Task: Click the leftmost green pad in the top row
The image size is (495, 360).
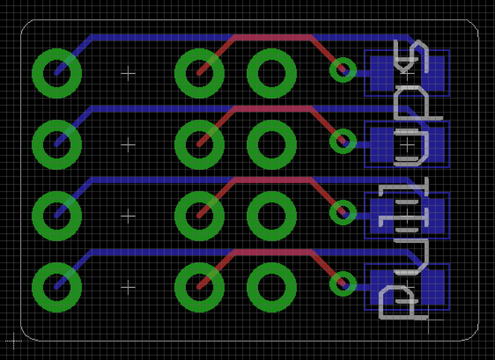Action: click(57, 73)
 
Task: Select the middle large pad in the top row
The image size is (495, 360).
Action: click(199, 73)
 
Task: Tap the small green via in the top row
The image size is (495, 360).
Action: click(343, 70)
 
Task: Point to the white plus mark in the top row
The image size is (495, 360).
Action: click(128, 73)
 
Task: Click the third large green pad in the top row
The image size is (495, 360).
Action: click(271, 73)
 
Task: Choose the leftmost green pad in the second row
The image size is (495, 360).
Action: click(57, 144)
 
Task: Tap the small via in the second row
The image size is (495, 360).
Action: click(343, 141)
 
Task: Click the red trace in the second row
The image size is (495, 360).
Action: click(272, 108)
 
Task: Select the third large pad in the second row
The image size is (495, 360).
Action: click(271, 144)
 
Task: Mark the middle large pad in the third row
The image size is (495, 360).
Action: click(199, 216)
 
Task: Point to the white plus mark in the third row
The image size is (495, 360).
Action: click(128, 216)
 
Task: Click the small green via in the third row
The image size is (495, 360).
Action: click(343, 213)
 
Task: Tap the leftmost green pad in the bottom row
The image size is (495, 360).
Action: click(57, 287)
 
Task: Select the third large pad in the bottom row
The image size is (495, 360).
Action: click(271, 287)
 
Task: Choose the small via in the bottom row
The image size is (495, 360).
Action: click(343, 284)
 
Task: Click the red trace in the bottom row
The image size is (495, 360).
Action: click(272, 251)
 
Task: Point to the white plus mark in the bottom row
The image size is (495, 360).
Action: click(128, 287)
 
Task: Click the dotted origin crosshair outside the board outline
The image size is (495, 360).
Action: click(13, 341)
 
